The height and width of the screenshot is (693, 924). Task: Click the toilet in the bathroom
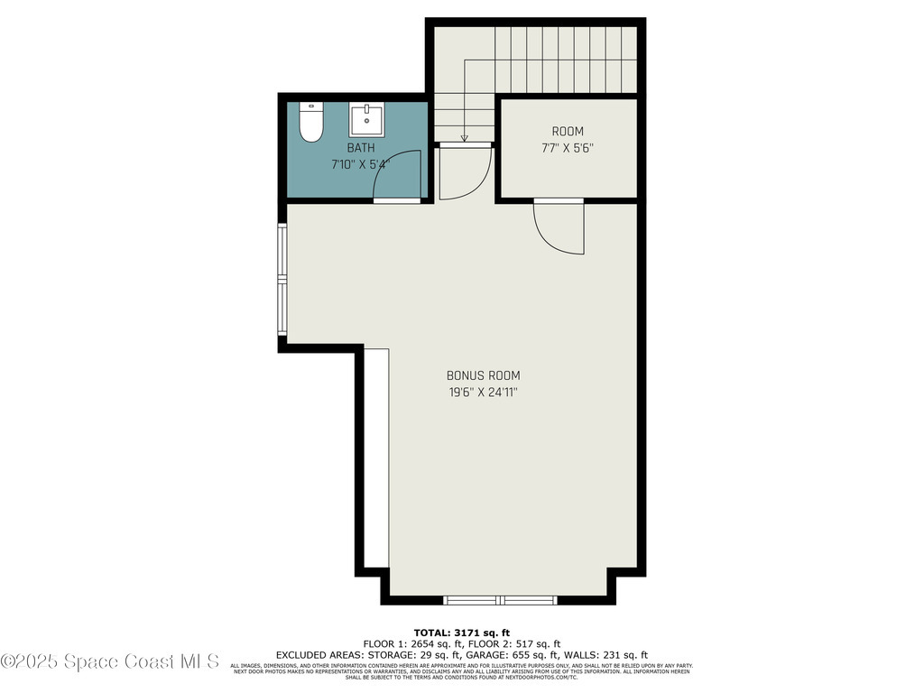[311, 123]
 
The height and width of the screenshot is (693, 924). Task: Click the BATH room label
[361, 148]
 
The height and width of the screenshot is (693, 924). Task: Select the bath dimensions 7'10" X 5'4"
[360, 165]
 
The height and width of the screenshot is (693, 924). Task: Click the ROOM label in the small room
[568, 132]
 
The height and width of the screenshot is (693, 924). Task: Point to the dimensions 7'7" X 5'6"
[568, 149]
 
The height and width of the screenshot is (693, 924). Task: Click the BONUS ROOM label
[483, 375]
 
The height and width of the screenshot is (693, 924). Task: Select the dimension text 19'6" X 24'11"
[483, 393]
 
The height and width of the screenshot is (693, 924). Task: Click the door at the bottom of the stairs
[464, 171]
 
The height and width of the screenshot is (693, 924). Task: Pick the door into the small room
[559, 226]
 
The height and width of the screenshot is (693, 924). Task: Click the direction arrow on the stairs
[465, 136]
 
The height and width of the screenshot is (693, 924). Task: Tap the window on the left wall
[282, 281]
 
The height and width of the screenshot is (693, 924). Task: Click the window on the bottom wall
[501, 599]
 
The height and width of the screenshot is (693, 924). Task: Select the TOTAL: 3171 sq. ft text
[462, 633]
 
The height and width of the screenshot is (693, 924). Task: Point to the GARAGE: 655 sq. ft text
[522, 655]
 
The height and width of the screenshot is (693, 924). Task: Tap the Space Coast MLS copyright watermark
[110, 661]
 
